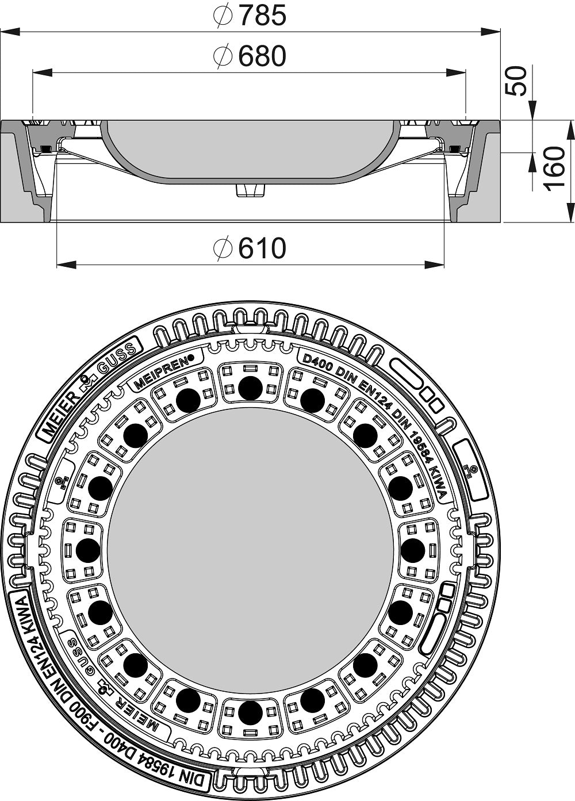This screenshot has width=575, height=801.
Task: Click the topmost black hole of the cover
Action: [250, 388]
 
